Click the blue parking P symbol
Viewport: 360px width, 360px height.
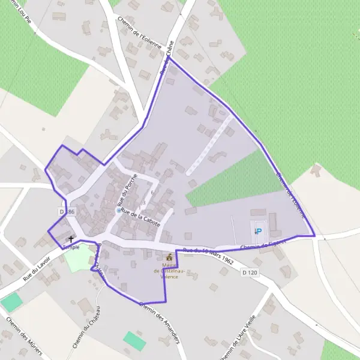pyautogui.click(x=259, y=230)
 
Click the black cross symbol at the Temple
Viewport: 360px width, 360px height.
pyautogui.click(x=71, y=239)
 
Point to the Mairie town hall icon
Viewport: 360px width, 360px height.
pyautogui.click(x=169, y=257)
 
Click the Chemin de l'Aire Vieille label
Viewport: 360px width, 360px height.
pyautogui.click(x=239, y=338)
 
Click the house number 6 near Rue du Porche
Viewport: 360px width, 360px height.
pyautogui.click(x=152, y=192)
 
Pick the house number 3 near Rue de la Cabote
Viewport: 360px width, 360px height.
pyautogui.click(x=143, y=203)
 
